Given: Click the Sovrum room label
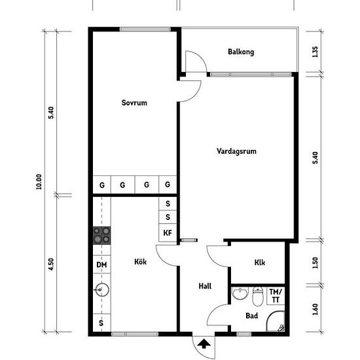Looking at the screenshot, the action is (134, 103).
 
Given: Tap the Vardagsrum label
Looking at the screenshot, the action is (236, 151).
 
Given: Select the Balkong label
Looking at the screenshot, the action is (241, 52).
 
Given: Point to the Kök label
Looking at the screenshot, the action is (140, 262).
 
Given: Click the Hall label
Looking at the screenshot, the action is (205, 286).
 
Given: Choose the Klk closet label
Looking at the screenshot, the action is (260, 262).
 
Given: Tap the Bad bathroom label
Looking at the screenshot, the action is (251, 315).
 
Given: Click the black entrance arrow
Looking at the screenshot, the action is (204, 344).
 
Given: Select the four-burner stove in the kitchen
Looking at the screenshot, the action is (101, 236).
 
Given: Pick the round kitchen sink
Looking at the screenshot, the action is (102, 290).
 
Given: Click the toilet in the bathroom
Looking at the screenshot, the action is (258, 296).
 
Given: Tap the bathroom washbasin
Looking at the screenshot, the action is (240, 293).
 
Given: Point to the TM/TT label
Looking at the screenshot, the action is (276, 296).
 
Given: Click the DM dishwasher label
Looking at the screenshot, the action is (101, 264).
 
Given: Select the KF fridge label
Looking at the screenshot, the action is (168, 233).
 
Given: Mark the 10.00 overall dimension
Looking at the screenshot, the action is (39, 181).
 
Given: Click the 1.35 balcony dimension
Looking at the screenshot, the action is (315, 52).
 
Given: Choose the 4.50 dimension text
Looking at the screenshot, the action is (51, 264).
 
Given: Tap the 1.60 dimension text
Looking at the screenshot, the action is (315, 309).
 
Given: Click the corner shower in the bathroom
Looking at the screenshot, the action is (276, 321).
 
